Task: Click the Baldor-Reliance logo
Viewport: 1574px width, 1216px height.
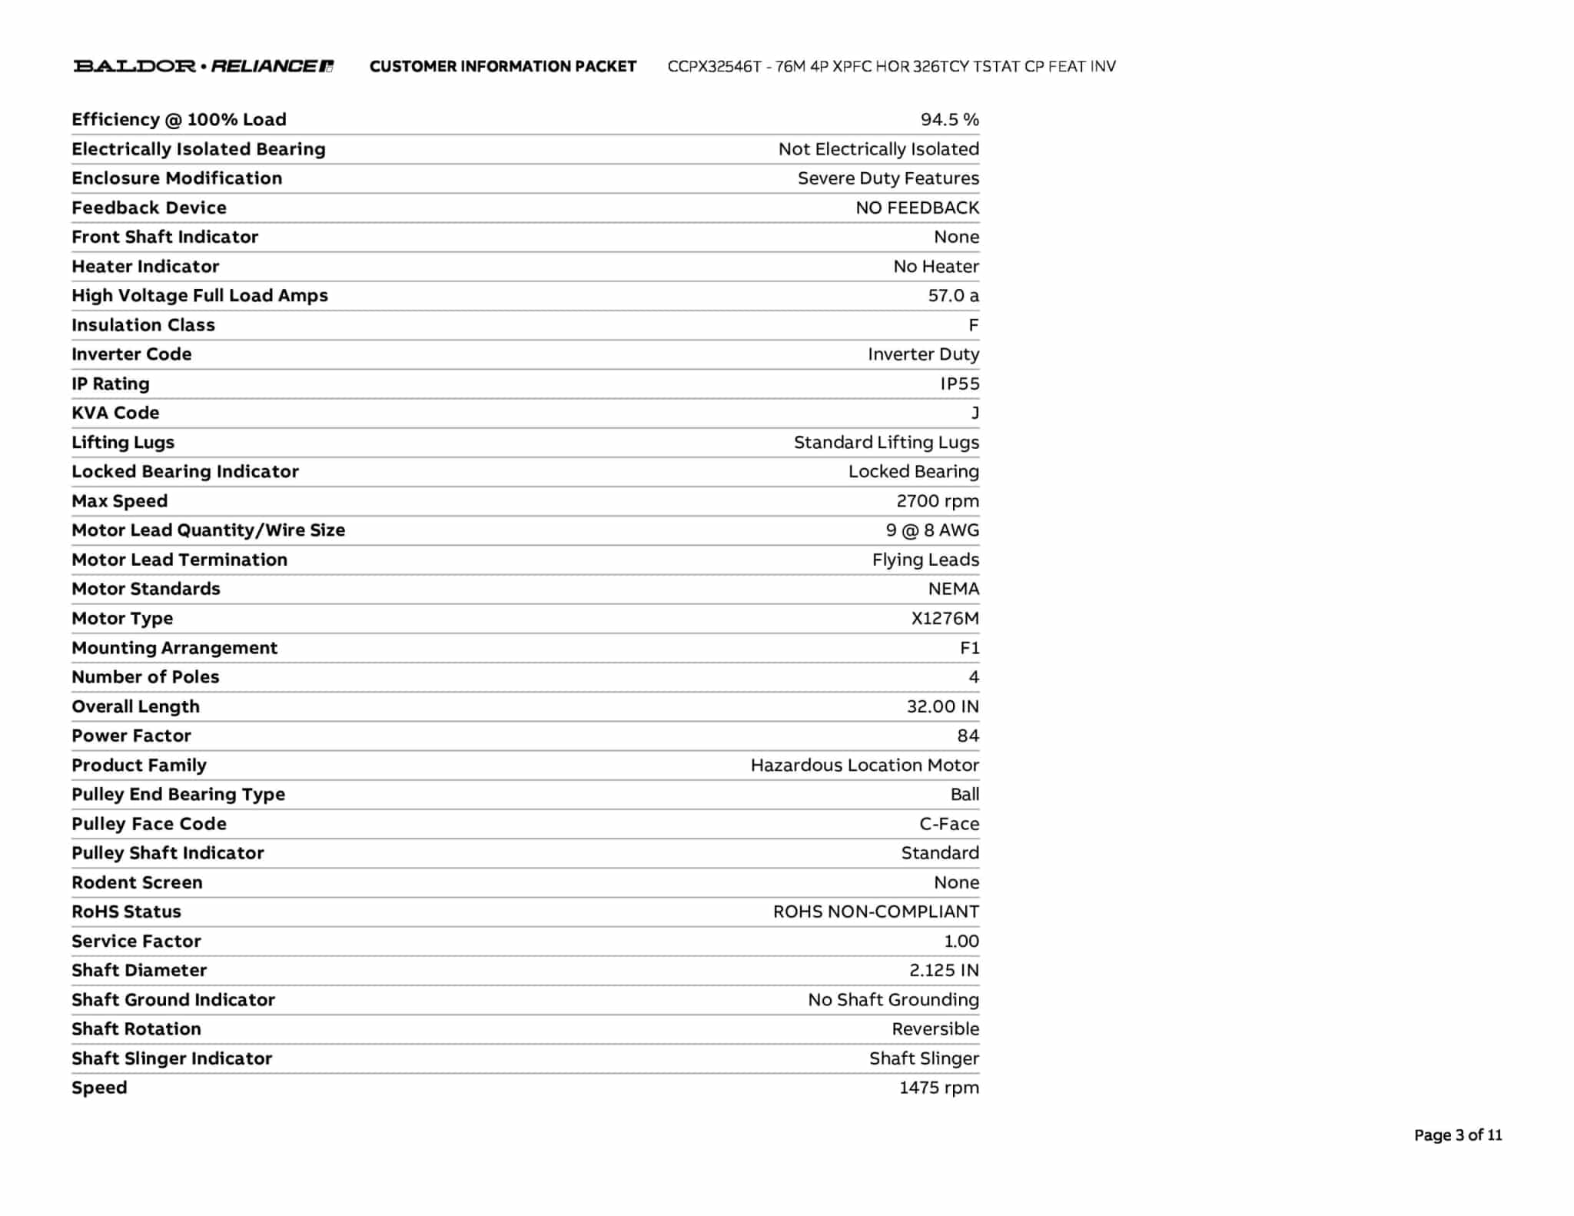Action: (204, 66)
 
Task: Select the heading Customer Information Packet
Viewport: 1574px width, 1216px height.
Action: (503, 67)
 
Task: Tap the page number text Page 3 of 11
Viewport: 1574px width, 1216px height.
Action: (1457, 1135)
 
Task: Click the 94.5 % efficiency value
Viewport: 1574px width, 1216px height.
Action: (949, 120)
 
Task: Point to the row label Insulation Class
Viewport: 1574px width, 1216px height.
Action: (143, 325)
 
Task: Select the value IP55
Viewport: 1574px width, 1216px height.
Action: (959, 384)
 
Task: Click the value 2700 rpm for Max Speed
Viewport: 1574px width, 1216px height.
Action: (937, 501)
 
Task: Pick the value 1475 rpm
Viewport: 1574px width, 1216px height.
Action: (938, 1088)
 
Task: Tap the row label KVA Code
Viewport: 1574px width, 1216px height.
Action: (115, 413)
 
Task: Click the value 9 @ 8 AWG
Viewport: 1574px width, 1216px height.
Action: (931, 530)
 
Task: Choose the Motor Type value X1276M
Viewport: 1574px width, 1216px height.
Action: (945, 619)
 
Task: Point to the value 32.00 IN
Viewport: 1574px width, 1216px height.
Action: (942, 706)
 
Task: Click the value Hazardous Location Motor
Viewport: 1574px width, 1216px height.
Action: (864, 766)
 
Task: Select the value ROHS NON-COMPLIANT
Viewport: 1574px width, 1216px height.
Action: (875, 912)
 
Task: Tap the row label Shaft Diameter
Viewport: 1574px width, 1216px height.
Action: (139, 971)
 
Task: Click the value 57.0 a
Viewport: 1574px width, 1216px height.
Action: (953, 296)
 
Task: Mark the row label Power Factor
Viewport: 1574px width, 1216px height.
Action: (131, 736)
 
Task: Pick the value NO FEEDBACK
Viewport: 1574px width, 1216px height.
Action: (917, 208)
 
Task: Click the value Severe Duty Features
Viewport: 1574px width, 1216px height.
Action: (888, 178)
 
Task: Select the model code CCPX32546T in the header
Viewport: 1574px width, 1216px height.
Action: (714, 67)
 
